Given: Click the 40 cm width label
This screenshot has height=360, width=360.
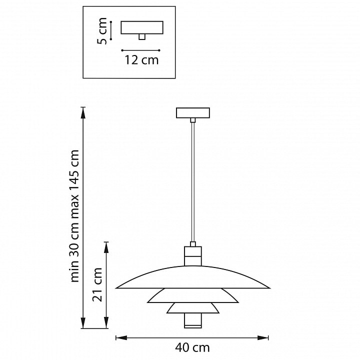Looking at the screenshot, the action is pyautogui.click(x=192, y=348).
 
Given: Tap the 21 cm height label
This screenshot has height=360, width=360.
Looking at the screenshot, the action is pyautogui.click(x=97, y=284).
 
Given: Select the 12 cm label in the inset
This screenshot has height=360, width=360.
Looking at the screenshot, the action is pyautogui.click(x=141, y=60).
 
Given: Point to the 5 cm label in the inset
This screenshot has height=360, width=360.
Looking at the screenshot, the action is pyautogui.click(x=102, y=31).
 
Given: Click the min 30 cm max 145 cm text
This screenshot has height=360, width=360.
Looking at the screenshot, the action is pyautogui.click(x=75, y=216).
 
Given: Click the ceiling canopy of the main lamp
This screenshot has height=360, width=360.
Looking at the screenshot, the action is pyautogui.click(x=193, y=113).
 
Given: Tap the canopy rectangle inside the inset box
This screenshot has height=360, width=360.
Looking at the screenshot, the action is pyautogui.click(x=142, y=27).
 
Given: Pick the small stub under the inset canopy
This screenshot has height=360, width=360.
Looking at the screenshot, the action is pyautogui.click(x=142, y=37).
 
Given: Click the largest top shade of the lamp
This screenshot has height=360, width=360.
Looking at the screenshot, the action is pyautogui.click(x=193, y=277).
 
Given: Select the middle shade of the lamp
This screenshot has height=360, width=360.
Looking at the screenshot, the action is pyautogui.click(x=193, y=295).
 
